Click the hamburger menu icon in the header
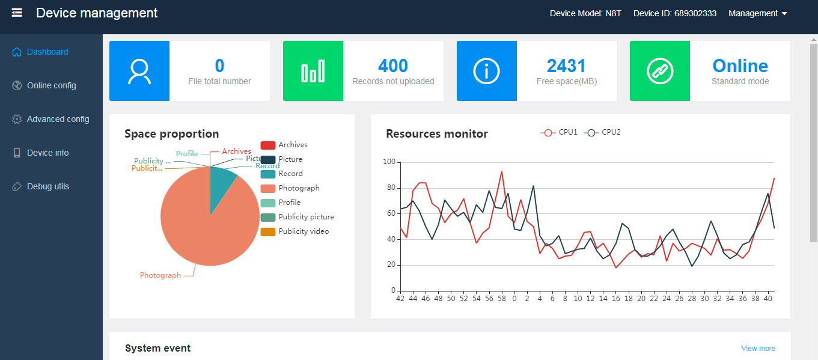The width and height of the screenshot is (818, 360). pos(17,13)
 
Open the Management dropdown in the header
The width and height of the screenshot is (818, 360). pos(757,13)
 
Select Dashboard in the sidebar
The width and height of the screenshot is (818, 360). pos(47,52)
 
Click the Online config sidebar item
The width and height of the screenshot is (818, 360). pos(51,85)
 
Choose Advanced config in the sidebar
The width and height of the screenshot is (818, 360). pos(58,119)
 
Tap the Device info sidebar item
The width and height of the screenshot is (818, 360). pos(47,153)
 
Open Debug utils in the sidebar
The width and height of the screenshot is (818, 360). pos(47,186)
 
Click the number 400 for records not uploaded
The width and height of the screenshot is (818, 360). pos(393,66)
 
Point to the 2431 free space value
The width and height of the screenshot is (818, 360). pos(566,66)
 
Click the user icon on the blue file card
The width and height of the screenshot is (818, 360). pos(139,71)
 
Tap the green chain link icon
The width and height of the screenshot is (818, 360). pos(660,71)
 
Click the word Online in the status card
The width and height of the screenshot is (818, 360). pos(740,66)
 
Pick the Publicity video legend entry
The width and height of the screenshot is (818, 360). pos(295,231)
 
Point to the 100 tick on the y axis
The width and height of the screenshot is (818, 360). pos(389,162)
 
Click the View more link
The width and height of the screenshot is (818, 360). pos(758,349)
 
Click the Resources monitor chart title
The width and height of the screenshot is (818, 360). pos(437,134)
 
